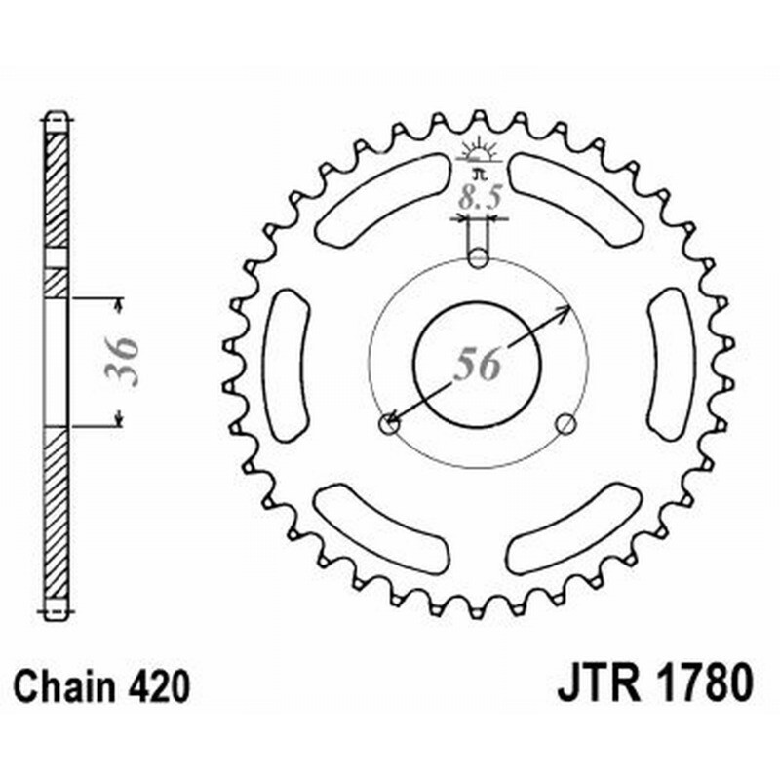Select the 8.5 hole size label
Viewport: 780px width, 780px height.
click(478, 199)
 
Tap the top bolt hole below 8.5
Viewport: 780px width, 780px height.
click(477, 258)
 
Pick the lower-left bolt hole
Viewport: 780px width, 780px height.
click(388, 423)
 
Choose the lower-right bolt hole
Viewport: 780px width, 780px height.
click(565, 423)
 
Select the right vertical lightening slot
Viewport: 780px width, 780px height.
click(670, 363)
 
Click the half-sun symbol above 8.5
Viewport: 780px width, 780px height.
click(478, 154)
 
